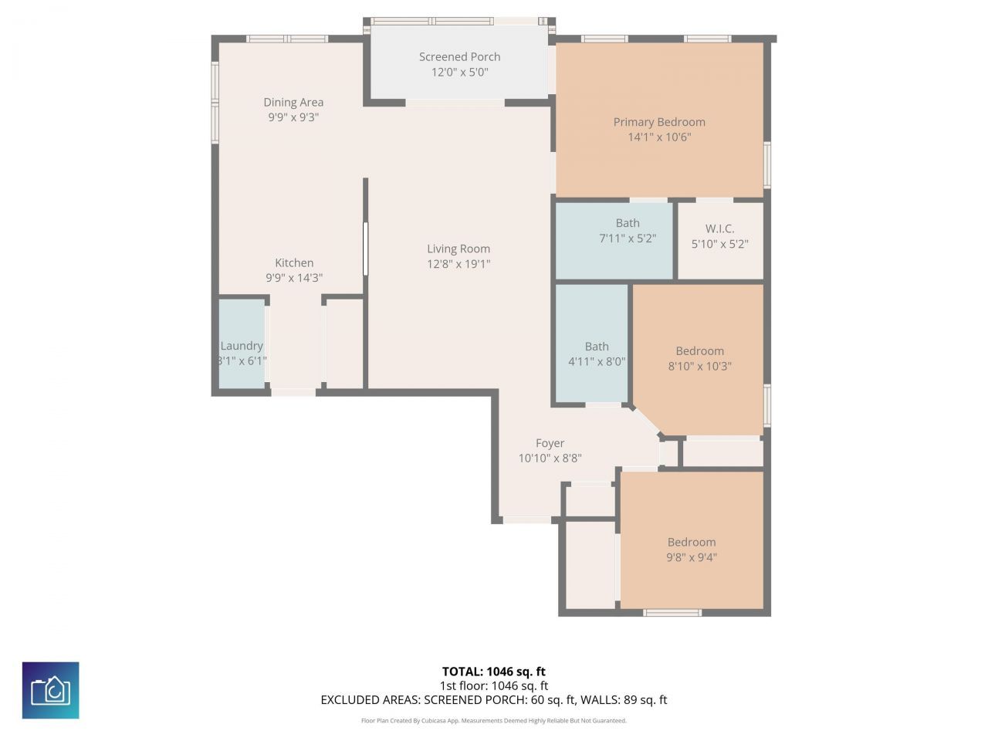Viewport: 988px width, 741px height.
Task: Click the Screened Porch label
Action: [459, 57]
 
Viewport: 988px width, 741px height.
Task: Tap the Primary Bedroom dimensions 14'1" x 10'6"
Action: [659, 137]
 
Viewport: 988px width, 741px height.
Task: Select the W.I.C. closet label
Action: [719, 228]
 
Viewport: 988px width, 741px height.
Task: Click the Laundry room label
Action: [242, 346]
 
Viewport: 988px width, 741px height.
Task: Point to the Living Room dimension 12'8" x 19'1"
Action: [458, 264]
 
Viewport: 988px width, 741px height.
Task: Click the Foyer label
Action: [550, 443]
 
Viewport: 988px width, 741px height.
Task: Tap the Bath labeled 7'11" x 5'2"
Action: [628, 231]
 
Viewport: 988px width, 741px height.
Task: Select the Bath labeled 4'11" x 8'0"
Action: [596, 354]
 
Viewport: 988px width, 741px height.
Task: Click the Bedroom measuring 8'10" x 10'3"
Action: [699, 358]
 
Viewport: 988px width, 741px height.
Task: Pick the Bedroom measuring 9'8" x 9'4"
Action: [692, 550]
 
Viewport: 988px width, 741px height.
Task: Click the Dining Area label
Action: [293, 102]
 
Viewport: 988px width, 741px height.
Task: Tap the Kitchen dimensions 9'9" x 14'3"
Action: [294, 278]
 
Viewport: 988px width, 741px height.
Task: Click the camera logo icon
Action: [50, 690]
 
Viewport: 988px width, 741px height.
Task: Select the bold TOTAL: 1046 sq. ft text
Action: [493, 672]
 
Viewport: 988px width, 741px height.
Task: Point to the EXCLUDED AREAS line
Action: [493, 700]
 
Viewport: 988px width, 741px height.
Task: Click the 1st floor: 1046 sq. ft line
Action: [493, 685]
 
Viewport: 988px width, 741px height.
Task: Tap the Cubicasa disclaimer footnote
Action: [493, 721]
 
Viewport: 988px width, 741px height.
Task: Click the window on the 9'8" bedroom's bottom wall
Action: [672, 613]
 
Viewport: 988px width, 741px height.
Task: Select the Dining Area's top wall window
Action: [287, 39]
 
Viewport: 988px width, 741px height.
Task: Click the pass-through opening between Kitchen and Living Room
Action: [366, 249]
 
